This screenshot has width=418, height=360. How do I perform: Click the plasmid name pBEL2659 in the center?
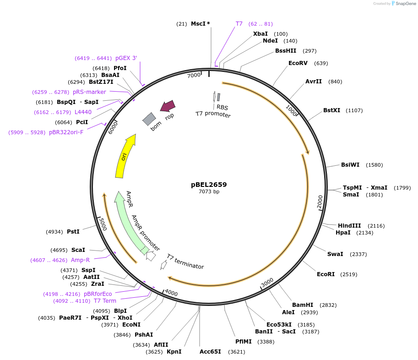(209, 185)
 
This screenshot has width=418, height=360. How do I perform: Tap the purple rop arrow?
(168, 106)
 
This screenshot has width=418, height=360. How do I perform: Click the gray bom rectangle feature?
(149, 119)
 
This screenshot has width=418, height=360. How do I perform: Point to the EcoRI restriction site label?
(326, 274)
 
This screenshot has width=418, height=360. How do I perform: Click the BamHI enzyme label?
(303, 305)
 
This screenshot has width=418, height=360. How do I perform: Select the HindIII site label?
(349, 225)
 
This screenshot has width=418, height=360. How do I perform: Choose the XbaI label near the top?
(261, 34)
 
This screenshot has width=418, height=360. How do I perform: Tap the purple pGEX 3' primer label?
(126, 58)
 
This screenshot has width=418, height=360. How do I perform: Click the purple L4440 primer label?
(83, 112)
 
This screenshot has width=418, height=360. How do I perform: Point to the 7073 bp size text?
(209, 191)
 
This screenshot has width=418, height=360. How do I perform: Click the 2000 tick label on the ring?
(320, 201)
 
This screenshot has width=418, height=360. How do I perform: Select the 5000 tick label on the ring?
(103, 224)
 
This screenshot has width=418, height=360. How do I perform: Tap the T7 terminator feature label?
(185, 262)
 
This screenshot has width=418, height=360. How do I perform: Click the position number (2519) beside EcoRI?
(348, 274)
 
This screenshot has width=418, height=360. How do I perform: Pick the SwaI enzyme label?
(335, 254)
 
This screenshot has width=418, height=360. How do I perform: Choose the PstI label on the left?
(73, 232)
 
